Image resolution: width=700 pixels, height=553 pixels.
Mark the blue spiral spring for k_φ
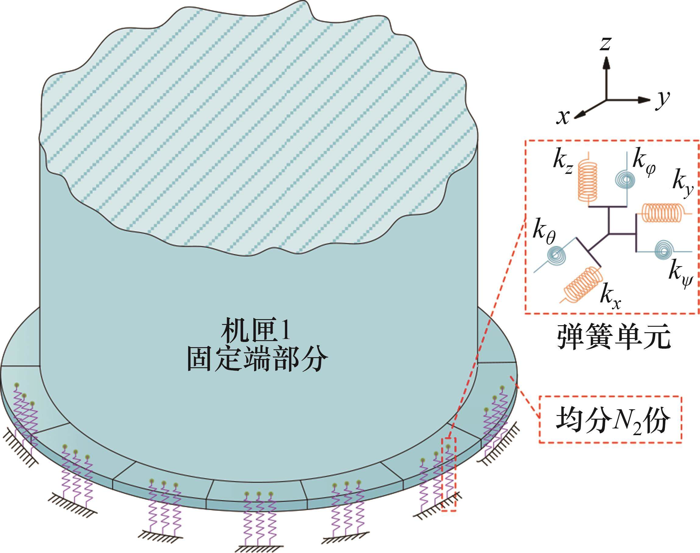click(624, 178)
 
